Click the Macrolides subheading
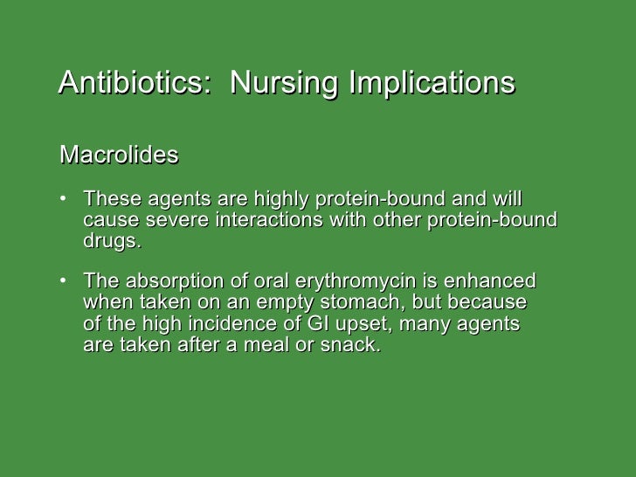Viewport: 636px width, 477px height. (x=119, y=156)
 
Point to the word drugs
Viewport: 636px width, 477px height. (x=110, y=241)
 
